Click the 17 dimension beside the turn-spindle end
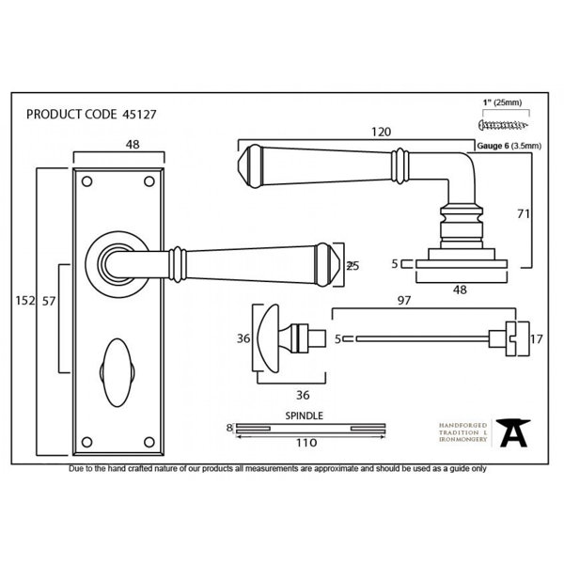537,338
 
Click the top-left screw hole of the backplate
87,180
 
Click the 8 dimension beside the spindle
228,429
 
